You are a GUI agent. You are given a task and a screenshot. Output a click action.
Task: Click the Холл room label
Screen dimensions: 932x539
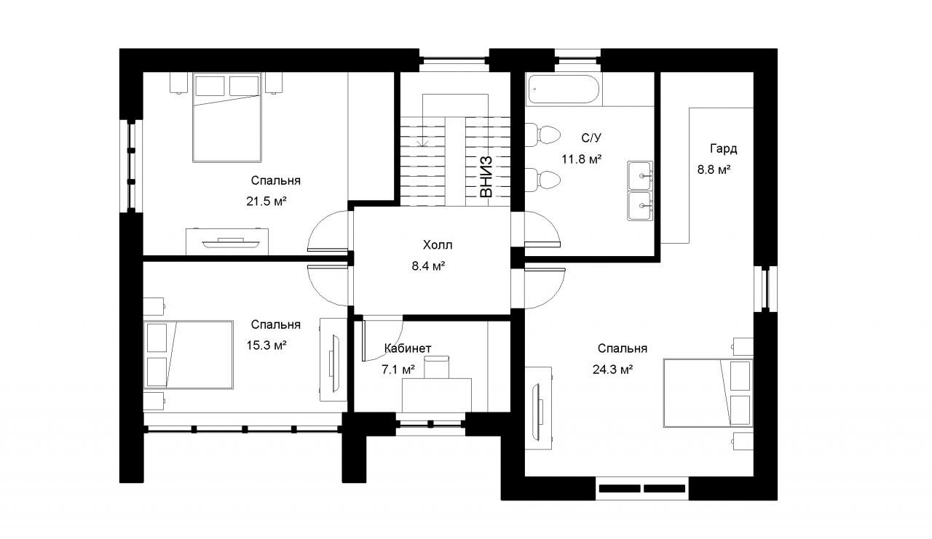pos(438,245)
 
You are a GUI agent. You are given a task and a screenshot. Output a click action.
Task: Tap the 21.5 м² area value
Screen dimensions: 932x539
pos(266,201)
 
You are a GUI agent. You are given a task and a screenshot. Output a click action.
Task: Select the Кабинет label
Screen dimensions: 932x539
pos(407,348)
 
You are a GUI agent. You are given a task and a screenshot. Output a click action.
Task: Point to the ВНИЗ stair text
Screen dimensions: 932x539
pos(486,177)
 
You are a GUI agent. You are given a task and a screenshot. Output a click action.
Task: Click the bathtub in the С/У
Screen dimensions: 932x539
pos(564,89)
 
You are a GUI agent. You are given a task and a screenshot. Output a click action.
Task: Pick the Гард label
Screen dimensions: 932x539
pos(724,148)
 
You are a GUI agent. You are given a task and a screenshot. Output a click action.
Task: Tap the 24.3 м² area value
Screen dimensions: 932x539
pos(613,369)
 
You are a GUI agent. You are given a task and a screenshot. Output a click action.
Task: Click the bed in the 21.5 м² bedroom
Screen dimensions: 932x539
pos(227,118)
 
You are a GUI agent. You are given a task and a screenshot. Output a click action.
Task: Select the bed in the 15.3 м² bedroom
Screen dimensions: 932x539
pos(188,354)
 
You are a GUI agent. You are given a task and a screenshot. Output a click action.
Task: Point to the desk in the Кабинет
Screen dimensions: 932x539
pos(437,395)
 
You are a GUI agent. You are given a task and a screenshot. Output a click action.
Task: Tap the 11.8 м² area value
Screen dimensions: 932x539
pos(581,159)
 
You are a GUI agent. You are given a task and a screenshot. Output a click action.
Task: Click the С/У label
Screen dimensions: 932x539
pos(591,137)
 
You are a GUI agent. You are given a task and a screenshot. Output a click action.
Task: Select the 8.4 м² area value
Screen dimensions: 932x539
pos(429,265)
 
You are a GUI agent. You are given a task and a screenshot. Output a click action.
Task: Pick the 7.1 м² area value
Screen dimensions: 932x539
pos(398,369)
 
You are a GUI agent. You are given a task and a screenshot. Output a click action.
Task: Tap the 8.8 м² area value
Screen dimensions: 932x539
pos(714,169)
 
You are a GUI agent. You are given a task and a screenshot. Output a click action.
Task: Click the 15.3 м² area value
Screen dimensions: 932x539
pos(266,345)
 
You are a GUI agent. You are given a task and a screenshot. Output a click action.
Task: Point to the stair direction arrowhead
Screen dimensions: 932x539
pos(423,143)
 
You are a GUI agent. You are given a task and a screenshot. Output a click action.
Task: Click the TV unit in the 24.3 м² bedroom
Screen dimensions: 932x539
pos(538,407)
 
